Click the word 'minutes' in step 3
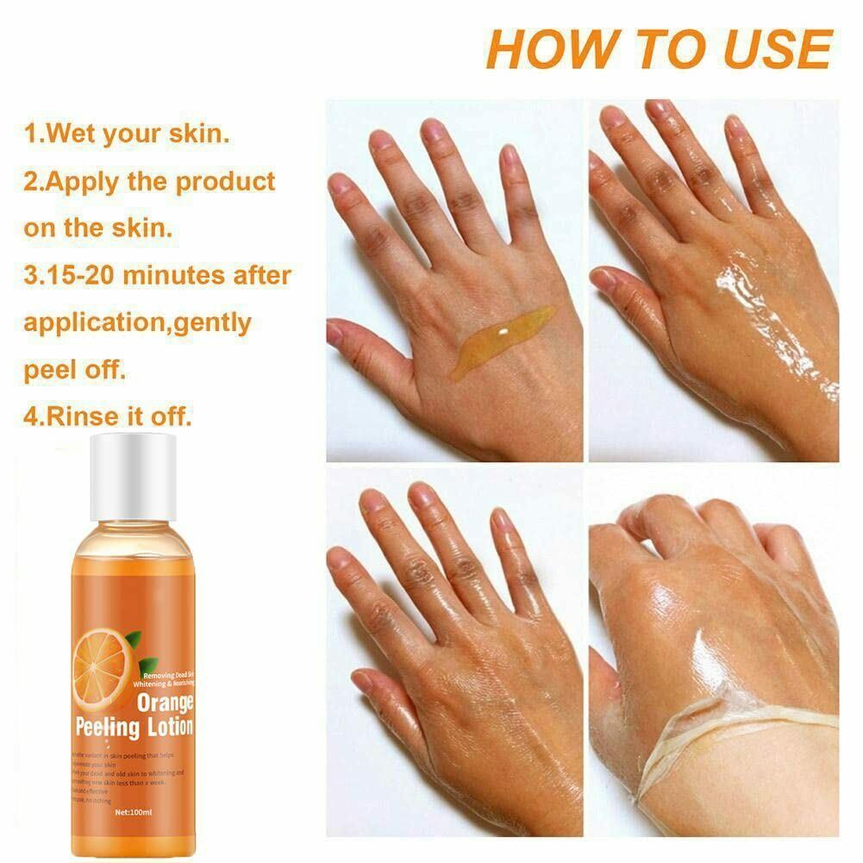178,276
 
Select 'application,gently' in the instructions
137,323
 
